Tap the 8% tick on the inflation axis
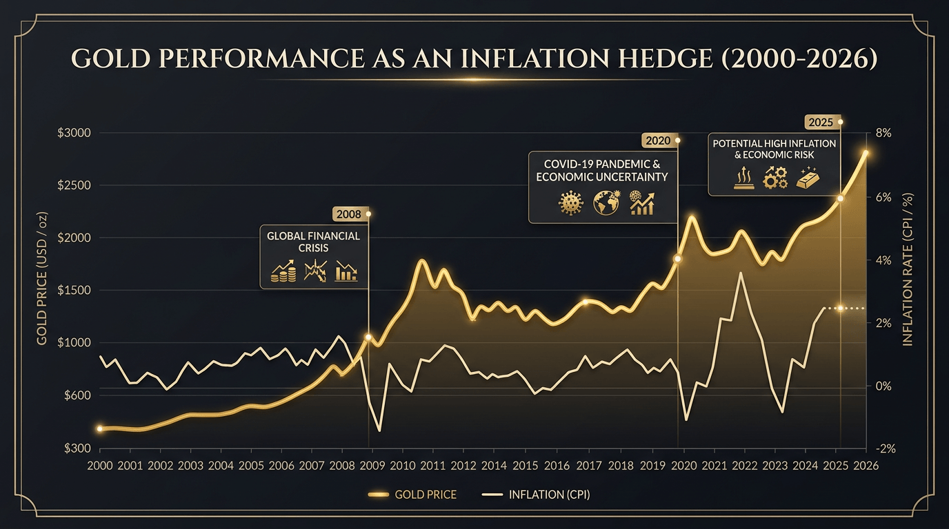(x=883, y=133)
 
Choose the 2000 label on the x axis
(x=100, y=466)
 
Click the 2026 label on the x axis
(x=866, y=466)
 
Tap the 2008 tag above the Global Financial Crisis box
(x=349, y=214)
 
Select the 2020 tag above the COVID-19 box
(x=657, y=141)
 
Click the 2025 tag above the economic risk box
(x=821, y=123)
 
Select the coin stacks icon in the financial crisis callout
(x=283, y=271)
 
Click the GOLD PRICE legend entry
(x=413, y=495)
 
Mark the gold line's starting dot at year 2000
(x=100, y=428)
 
